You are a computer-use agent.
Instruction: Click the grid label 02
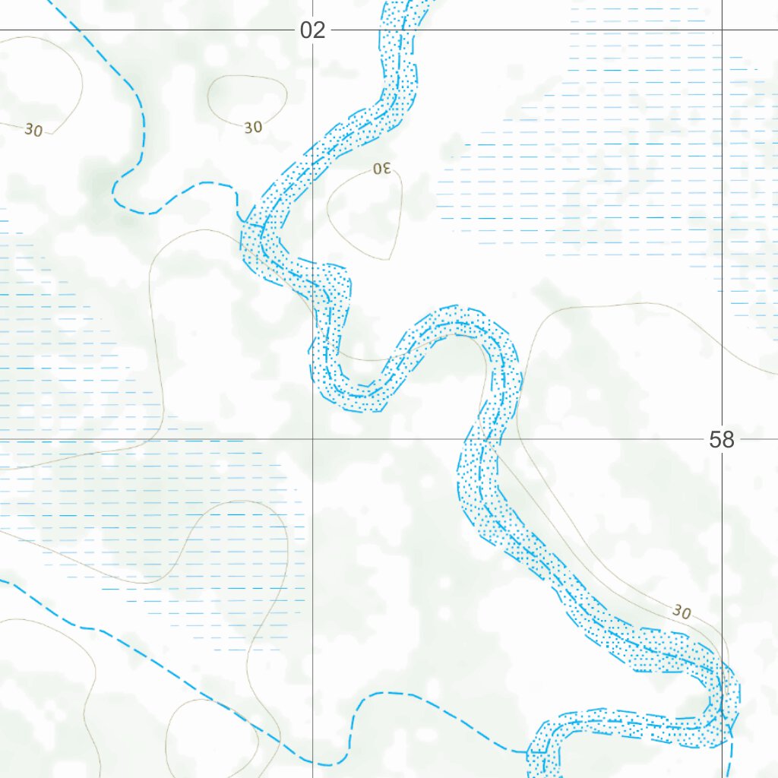click(x=312, y=30)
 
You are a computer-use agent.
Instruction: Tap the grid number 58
click(x=721, y=439)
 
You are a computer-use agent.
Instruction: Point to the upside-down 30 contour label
click(x=381, y=168)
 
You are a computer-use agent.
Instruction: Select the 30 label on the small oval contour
click(x=253, y=127)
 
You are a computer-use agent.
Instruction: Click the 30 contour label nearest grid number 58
click(x=682, y=611)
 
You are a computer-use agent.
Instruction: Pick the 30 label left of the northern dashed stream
click(x=33, y=130)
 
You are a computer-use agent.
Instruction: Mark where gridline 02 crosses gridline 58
click(x=312, y=439)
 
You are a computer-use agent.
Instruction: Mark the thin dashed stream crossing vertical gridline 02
click(x=312, y=762)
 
